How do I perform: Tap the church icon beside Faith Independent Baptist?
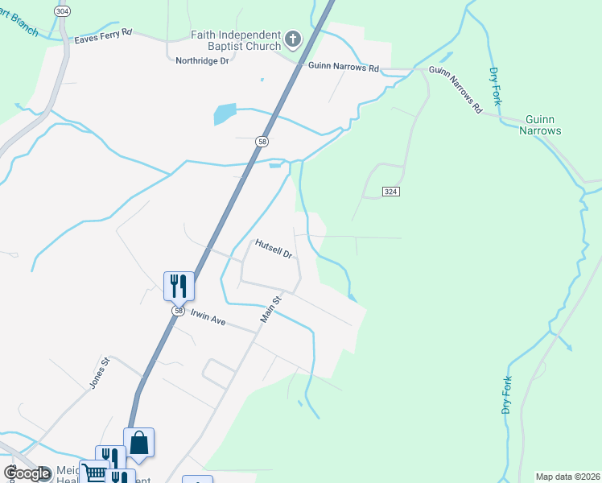[293, 38]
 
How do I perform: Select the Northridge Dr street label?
[203, 60]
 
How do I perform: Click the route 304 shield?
[62, 10]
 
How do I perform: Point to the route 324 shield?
[390, 191]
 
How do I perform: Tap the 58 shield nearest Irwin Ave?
[178, 311]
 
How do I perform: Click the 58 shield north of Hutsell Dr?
[262, 142]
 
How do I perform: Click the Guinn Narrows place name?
[540, 125]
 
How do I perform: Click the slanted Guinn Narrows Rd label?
[456, 89]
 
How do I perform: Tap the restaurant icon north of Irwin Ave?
[179, 285]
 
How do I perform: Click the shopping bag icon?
[138, 442]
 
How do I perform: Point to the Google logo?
[27, 473]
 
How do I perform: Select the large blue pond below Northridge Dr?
[225, 114]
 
